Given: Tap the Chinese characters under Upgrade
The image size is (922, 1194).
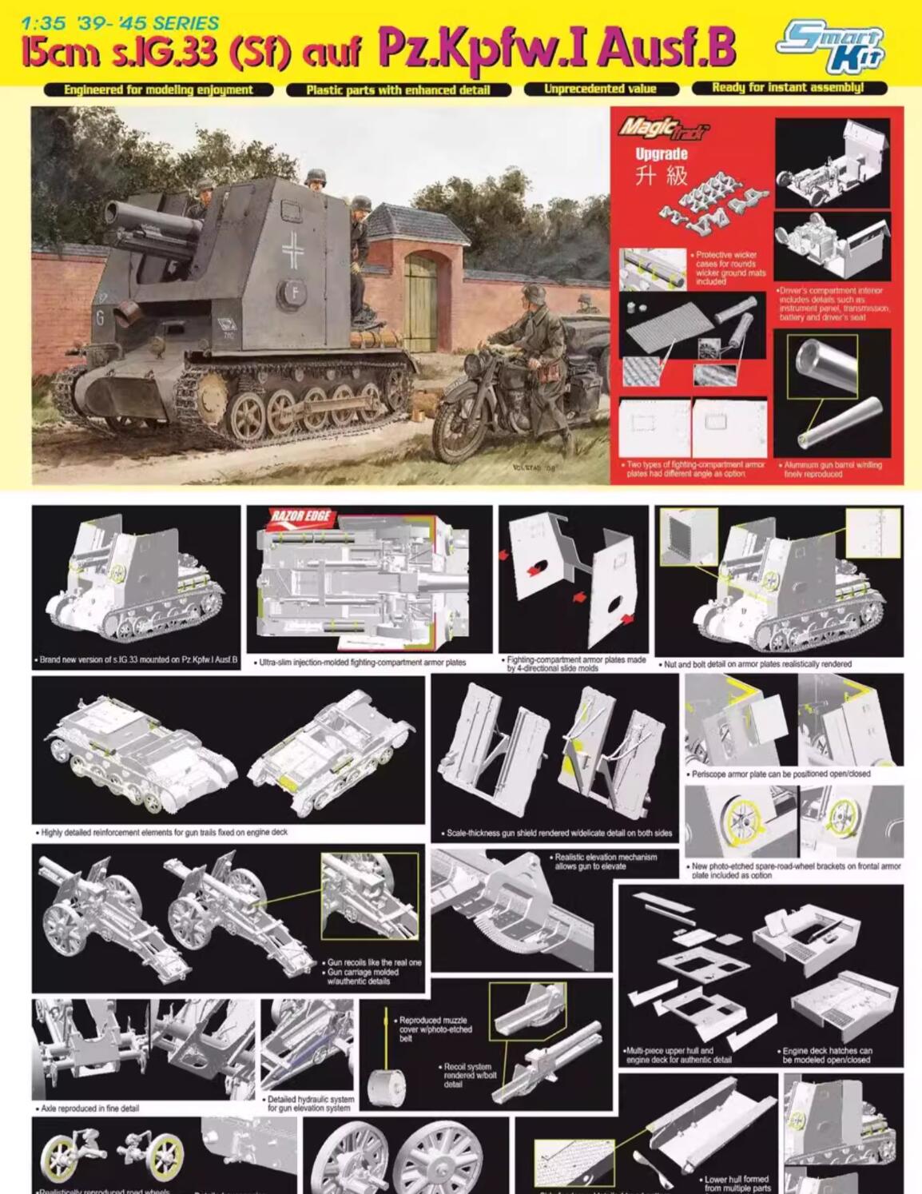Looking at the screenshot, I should point(661,175).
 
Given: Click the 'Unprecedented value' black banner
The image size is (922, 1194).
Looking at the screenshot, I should point(600,89).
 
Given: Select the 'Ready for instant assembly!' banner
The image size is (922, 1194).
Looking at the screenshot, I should point(788,89).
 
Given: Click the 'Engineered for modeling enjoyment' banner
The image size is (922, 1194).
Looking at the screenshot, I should point(158,90).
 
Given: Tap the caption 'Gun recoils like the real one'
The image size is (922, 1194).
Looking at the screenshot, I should point(373,962).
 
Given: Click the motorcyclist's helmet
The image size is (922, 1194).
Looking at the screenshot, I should point(529,293).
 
